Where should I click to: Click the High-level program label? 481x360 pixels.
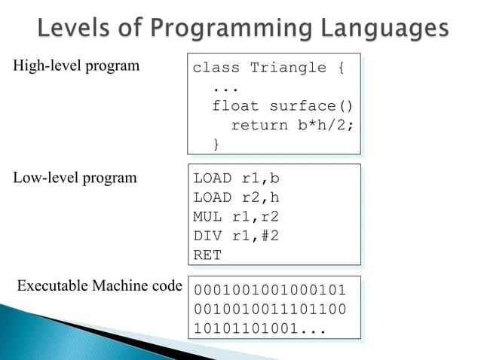coord(76,66)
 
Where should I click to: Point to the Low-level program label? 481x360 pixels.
coord(75,178)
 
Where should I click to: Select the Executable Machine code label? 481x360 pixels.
coord(100,286)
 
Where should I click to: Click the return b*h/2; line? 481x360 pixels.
coord(292,124)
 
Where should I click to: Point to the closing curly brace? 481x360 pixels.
coord(216,143)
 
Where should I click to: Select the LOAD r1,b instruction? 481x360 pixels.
coord(236,179)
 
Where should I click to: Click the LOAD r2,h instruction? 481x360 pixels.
coord(236,198)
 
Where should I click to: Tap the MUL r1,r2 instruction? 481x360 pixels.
coord(236,217)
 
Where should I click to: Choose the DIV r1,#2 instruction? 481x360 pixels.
coord(236,236)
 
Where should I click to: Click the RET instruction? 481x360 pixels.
coord(207,255)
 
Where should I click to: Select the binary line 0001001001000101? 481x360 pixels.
coord(269,290)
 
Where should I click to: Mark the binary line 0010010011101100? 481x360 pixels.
coord(269,309)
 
